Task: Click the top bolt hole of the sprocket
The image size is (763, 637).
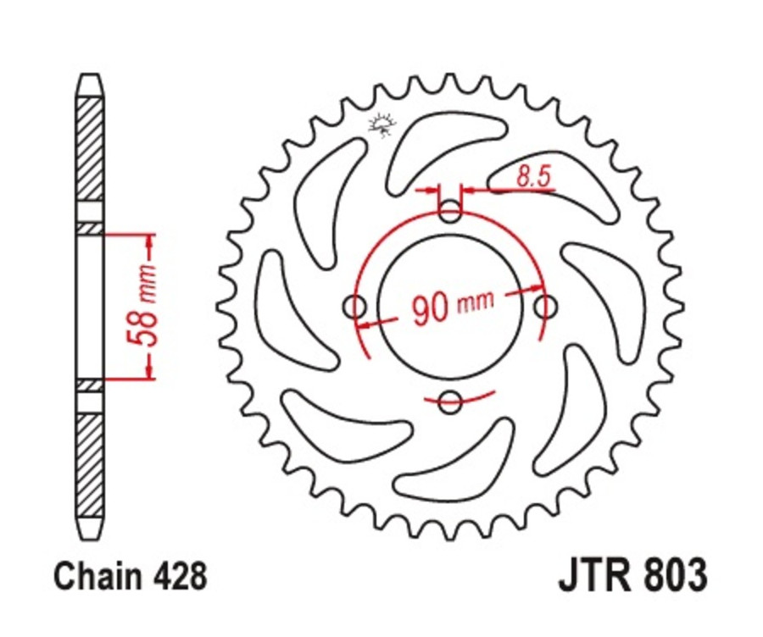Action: (451, 211)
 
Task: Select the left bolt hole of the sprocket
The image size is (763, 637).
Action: (354, 307)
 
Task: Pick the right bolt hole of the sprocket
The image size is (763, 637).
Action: (547, 307)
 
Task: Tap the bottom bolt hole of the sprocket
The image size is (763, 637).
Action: (451, 403)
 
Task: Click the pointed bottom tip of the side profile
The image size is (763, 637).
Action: (90, 536)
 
